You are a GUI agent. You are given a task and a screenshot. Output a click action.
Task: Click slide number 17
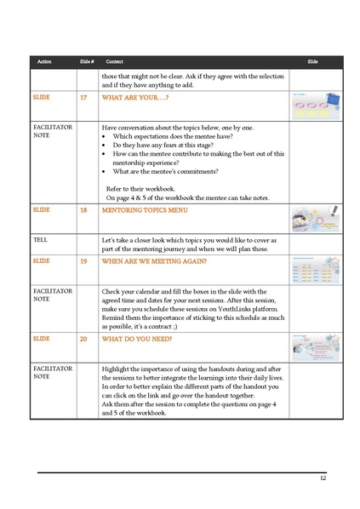coord(83,99)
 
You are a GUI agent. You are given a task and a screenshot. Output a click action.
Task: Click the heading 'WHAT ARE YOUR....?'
coord(131,99)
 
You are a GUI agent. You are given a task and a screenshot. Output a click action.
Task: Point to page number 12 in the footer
coord(323,479)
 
